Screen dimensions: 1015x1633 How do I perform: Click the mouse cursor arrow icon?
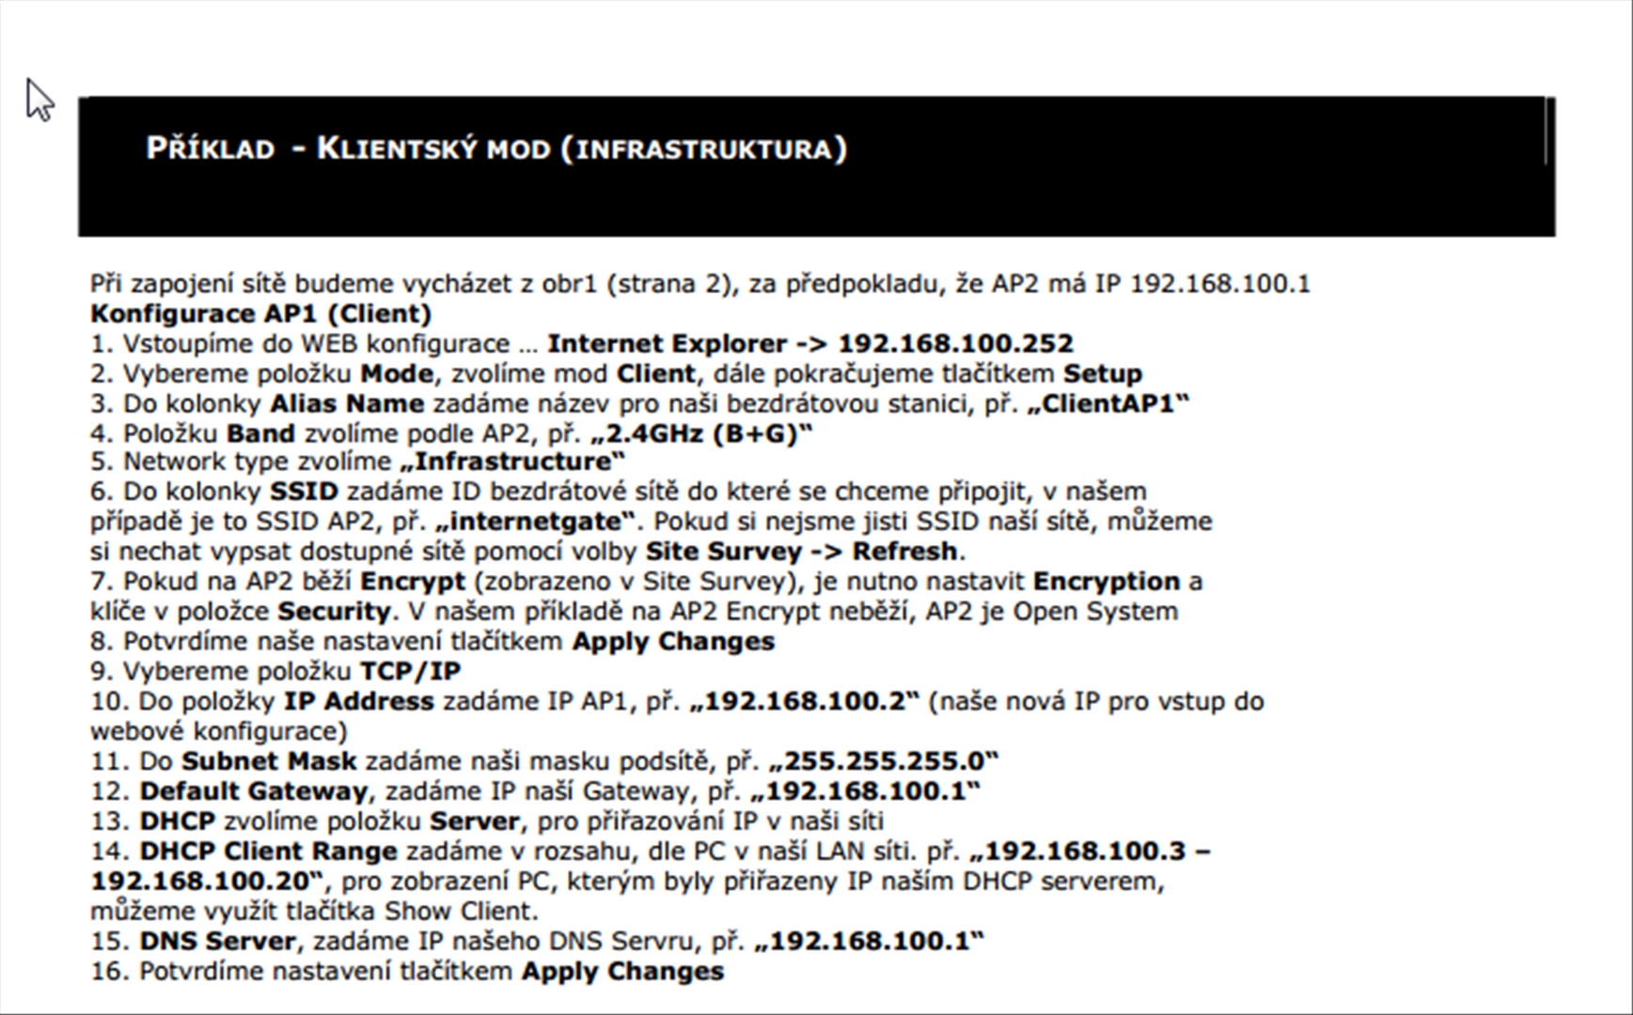[39, 100]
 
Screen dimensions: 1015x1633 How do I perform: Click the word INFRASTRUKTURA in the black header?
[705, 149]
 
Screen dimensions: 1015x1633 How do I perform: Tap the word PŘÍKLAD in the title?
[211, 148]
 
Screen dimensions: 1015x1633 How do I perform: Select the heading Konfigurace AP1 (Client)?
[260, 314]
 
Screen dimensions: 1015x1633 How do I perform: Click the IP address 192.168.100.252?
[955, 344]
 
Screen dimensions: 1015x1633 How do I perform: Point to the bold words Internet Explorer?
[667, 344]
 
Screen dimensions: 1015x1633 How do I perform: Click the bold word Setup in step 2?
[1102, 374]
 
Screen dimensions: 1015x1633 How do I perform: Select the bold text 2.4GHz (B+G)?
[701, 434]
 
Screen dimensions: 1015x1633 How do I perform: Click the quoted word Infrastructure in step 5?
[512, 461]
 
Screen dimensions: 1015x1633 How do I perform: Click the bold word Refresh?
[904, 552]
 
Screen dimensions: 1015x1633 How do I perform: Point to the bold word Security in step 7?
[334, 612]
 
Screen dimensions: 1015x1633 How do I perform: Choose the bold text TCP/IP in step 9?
[410, 672]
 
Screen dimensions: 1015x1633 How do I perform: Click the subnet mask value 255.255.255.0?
[882, 761]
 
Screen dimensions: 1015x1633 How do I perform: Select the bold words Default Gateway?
[253, 791]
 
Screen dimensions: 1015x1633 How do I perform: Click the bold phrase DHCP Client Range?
[268, 851]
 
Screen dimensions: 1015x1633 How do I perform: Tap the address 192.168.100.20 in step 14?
[201, 882]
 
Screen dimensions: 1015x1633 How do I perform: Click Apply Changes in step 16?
[622, 972]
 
